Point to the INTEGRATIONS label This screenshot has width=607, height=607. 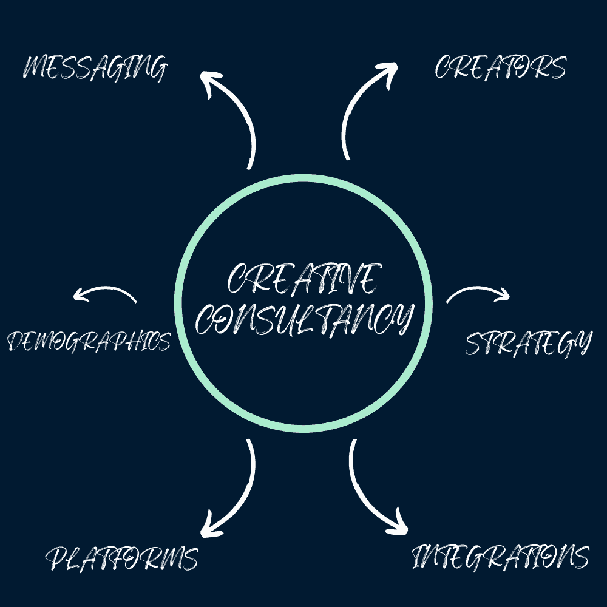pyautogui.click(x=500, y=556)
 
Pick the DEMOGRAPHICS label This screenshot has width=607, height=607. pyautogui.click(x=89, y=341)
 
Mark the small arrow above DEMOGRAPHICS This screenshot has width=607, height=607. pyautogui.click(x=104, y=293)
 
